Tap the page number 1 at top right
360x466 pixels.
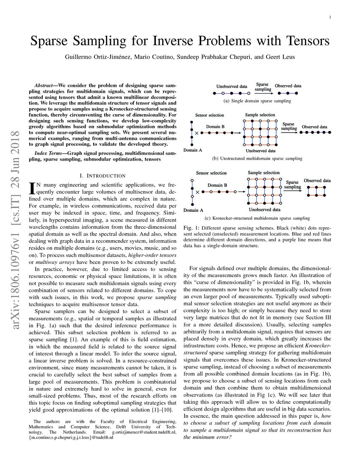(x=330, y=17)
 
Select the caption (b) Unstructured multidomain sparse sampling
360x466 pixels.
(x=258, y=158)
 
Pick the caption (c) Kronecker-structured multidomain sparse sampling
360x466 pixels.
(x=258, y=218)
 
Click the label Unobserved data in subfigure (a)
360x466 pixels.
(x=231, y=86)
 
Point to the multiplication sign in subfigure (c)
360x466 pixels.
(x=197, y=192)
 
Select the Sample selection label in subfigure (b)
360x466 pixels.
(x=260, y=115)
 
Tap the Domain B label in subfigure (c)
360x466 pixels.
(x=217, y=185)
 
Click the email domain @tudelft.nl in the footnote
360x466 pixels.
(x=102, y=438)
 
